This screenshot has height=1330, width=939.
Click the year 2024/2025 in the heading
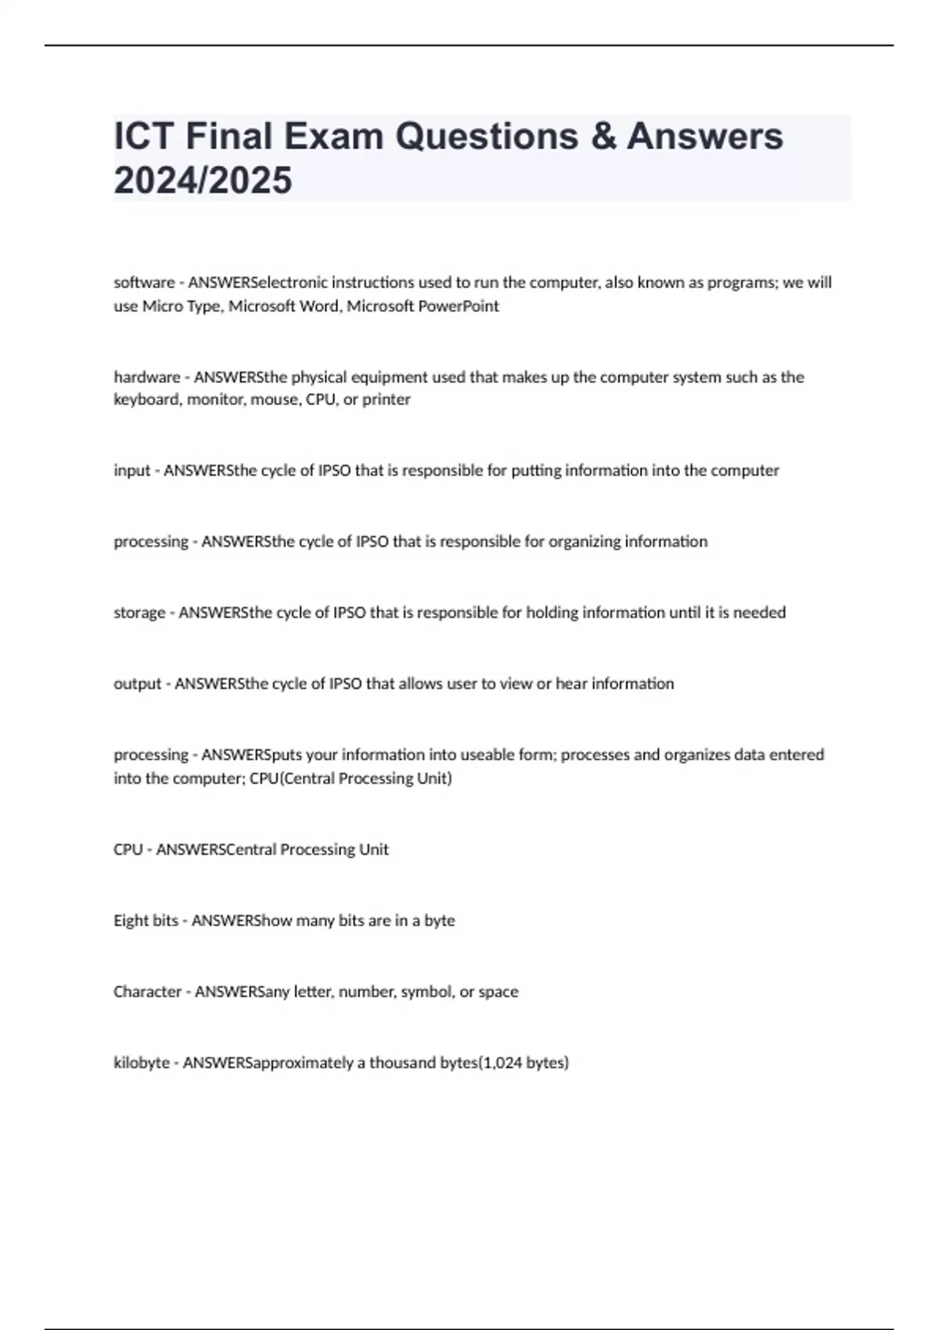pyautogui.click(x=203, y=180)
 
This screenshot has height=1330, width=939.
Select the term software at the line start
pyautogui.click(x=144, y=282)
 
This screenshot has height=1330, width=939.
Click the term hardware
pyautogui.click(x=147, y=377)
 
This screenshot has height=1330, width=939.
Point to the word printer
pyautogui.click(x=386, y=400)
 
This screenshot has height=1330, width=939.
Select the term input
pyautogui.click(x=131, y=471)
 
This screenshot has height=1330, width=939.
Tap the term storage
pyautogui.click(x=139, y=613)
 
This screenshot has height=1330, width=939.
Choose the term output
pyautogui.click(x=137, y=684)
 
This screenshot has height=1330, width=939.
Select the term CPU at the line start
pyautogui.click(x=128, y=850)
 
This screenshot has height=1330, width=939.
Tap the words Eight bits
pyautogui.click(x=146, y=921)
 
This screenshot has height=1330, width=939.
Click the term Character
pyautogui.click(x=147, y=992)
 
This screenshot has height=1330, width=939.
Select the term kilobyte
pyautogui.click(x=142, y=1063)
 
